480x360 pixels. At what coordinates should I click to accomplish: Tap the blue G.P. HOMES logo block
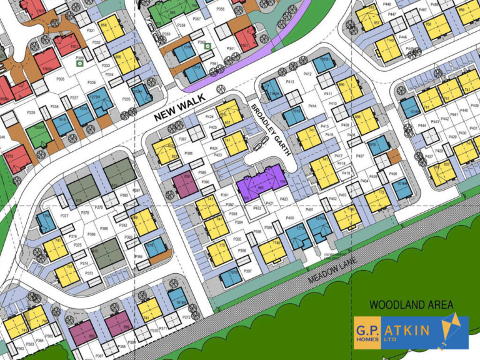369,332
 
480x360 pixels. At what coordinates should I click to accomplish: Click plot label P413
290,82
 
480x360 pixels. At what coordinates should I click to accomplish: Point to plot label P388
189,152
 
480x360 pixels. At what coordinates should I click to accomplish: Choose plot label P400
290,217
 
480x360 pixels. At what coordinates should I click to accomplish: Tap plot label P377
64,216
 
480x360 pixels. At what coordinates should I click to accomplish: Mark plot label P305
61,79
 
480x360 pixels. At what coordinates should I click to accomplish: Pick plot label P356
220,9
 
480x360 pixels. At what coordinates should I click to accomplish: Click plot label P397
247,271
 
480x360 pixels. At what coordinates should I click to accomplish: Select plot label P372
186,317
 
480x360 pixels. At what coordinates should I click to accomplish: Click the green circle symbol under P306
79,63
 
